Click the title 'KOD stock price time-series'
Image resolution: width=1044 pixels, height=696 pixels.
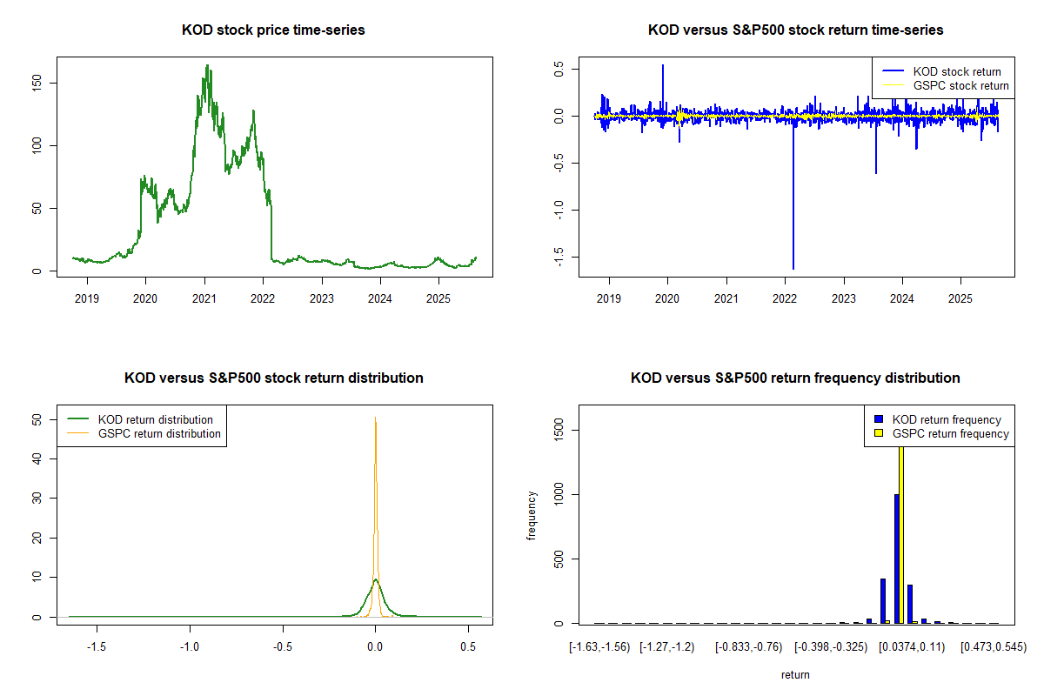(273, 30)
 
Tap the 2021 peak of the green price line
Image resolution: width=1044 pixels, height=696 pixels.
(207, 65)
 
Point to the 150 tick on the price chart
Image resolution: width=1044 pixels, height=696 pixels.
(46, 83)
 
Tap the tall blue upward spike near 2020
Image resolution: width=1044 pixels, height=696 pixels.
(663, 66)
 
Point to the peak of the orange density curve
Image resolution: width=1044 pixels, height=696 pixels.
(375, 418)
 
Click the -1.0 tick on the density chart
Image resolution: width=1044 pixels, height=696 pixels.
(190, 647)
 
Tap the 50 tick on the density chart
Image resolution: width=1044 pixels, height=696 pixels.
(46, 419)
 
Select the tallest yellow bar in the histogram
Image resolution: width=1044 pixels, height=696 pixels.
(901, 531)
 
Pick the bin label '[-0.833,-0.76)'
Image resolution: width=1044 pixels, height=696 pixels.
(749, 647)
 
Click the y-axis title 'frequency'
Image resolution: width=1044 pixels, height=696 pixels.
(532, 516)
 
